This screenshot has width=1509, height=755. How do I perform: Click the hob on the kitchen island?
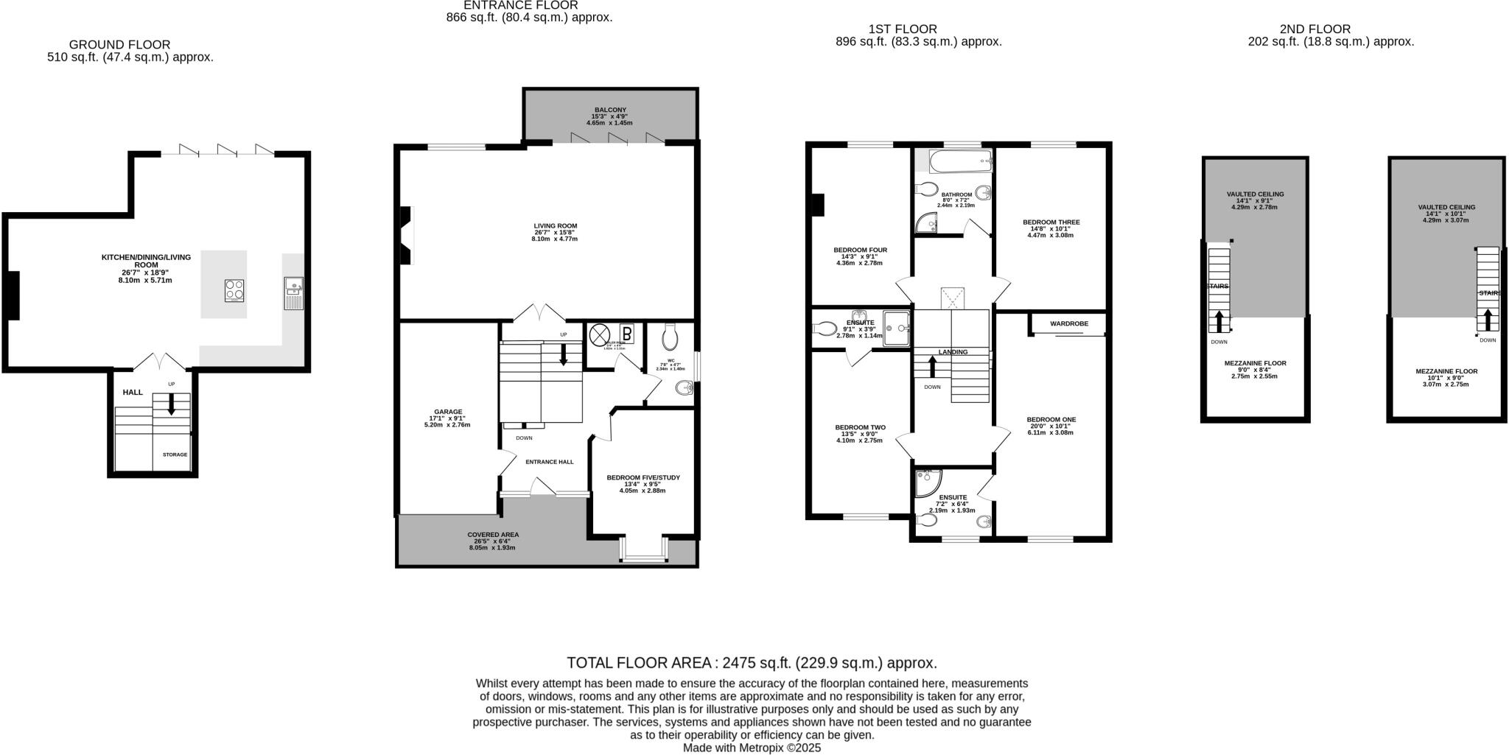click(x=234, y=291)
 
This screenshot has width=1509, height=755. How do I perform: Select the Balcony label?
click(x=610, y=110)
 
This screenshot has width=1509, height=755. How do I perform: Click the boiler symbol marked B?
click(x=626, y=333)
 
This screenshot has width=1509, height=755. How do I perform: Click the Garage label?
click(x=447, y=412)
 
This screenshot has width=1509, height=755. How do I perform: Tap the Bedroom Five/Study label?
click(x=643, y=478)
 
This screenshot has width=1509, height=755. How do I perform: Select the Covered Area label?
click(x=493, y=535)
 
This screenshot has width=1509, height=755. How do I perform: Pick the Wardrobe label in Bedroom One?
click(x=1068, y=324)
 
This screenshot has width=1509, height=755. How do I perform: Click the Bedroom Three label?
click(x=1051, y=222)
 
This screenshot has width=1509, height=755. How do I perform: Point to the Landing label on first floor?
click(x=953, y=352)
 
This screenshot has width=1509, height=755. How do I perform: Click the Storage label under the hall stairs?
click(x=175, y=455)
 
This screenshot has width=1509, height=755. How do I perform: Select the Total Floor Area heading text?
click(x=752, y=663)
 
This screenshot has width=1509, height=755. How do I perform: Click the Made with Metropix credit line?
click(x=752, y=748)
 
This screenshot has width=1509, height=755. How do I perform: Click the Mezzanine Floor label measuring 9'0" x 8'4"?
click(x=1255, y=363)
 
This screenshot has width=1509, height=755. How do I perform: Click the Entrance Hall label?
click(x=549, y=462)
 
